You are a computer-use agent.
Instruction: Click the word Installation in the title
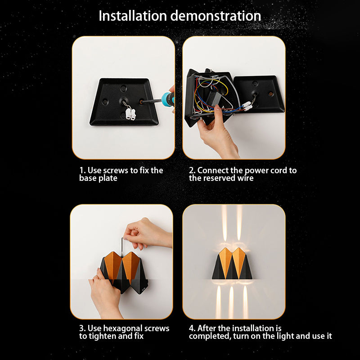pos(133,16)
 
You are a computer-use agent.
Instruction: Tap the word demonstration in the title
pos(216,16)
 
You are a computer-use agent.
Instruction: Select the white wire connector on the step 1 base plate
pos(130,114)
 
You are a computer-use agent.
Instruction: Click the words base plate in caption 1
pos(98,178)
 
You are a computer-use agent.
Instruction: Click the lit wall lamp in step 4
pos(232,264)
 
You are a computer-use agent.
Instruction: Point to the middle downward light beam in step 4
pos(231,302)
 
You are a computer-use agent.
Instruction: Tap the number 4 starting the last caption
pos(191,328)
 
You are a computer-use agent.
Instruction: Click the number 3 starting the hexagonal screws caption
pos(81,328)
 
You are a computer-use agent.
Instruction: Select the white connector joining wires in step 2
pos(247,106)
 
